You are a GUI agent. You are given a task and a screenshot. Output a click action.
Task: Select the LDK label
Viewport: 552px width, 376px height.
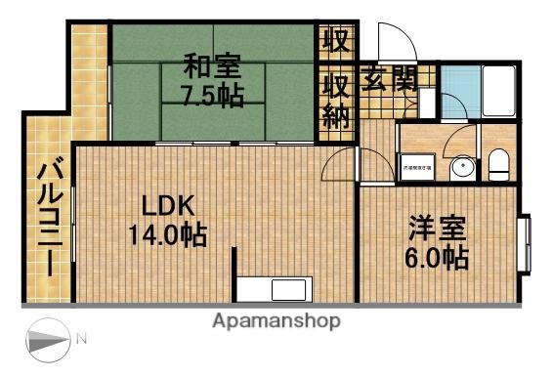pos(169,206)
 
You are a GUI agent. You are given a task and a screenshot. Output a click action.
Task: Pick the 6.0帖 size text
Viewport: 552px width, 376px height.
pos(437,258)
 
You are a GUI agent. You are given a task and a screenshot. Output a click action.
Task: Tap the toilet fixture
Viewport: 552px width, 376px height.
pos(497,165)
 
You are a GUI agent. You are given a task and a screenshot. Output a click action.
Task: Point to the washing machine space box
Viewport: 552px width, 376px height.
pos(417,167)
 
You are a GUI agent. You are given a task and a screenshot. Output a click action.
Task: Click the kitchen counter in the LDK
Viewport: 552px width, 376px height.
pos(276,289)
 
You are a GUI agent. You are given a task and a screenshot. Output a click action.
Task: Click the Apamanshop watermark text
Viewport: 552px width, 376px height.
pos(276,320)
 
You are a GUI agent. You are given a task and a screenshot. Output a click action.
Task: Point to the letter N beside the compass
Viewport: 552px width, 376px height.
pos(82,340)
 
